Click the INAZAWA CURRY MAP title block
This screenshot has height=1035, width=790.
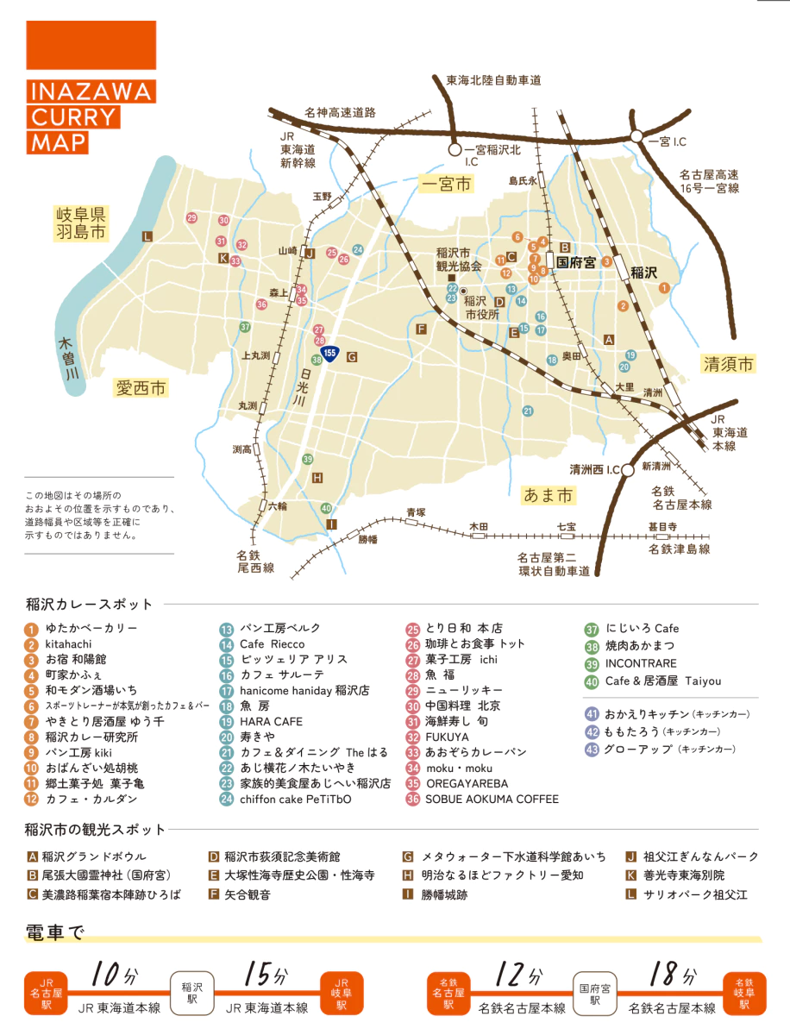tap(91, 116)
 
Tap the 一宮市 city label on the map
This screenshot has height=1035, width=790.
tap(446, 184)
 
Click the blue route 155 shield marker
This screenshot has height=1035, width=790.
tap(329, 354)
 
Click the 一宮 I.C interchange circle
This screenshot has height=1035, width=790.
tap(636, 136)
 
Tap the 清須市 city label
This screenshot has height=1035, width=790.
tap(727, 364)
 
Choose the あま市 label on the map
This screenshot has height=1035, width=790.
tap(548, 495)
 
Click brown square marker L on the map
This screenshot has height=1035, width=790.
tap(147, 235)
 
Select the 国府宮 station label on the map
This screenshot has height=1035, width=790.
tap(575, 261)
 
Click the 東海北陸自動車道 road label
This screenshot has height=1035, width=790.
tap(492, 80)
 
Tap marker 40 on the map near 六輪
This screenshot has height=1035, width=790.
tap(326, 508)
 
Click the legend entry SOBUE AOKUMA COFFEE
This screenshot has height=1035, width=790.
tap(490, 800)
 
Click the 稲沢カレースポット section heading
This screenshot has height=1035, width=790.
tap(89, 604)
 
